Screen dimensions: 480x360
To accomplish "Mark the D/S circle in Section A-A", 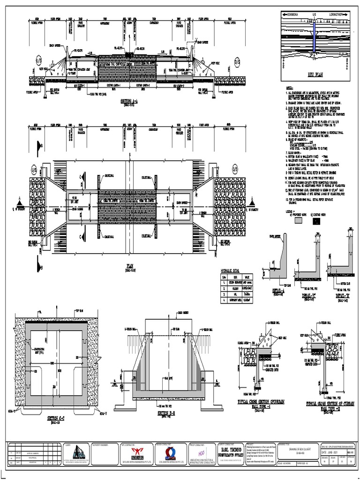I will (x=237, y=61).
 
